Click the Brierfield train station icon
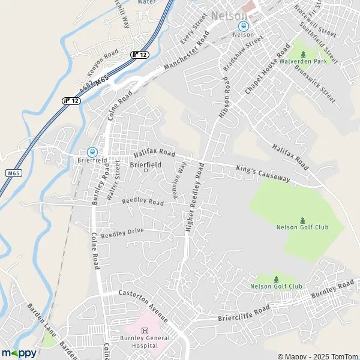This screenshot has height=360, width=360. tap(92, 152)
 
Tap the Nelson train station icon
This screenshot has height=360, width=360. tap(243, 26)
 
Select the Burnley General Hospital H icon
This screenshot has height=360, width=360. tap(144, 331)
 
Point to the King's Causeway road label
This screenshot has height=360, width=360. tap(263, 174)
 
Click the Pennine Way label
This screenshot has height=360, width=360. tap(178, 175)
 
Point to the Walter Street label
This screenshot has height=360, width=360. tap(113, 184)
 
